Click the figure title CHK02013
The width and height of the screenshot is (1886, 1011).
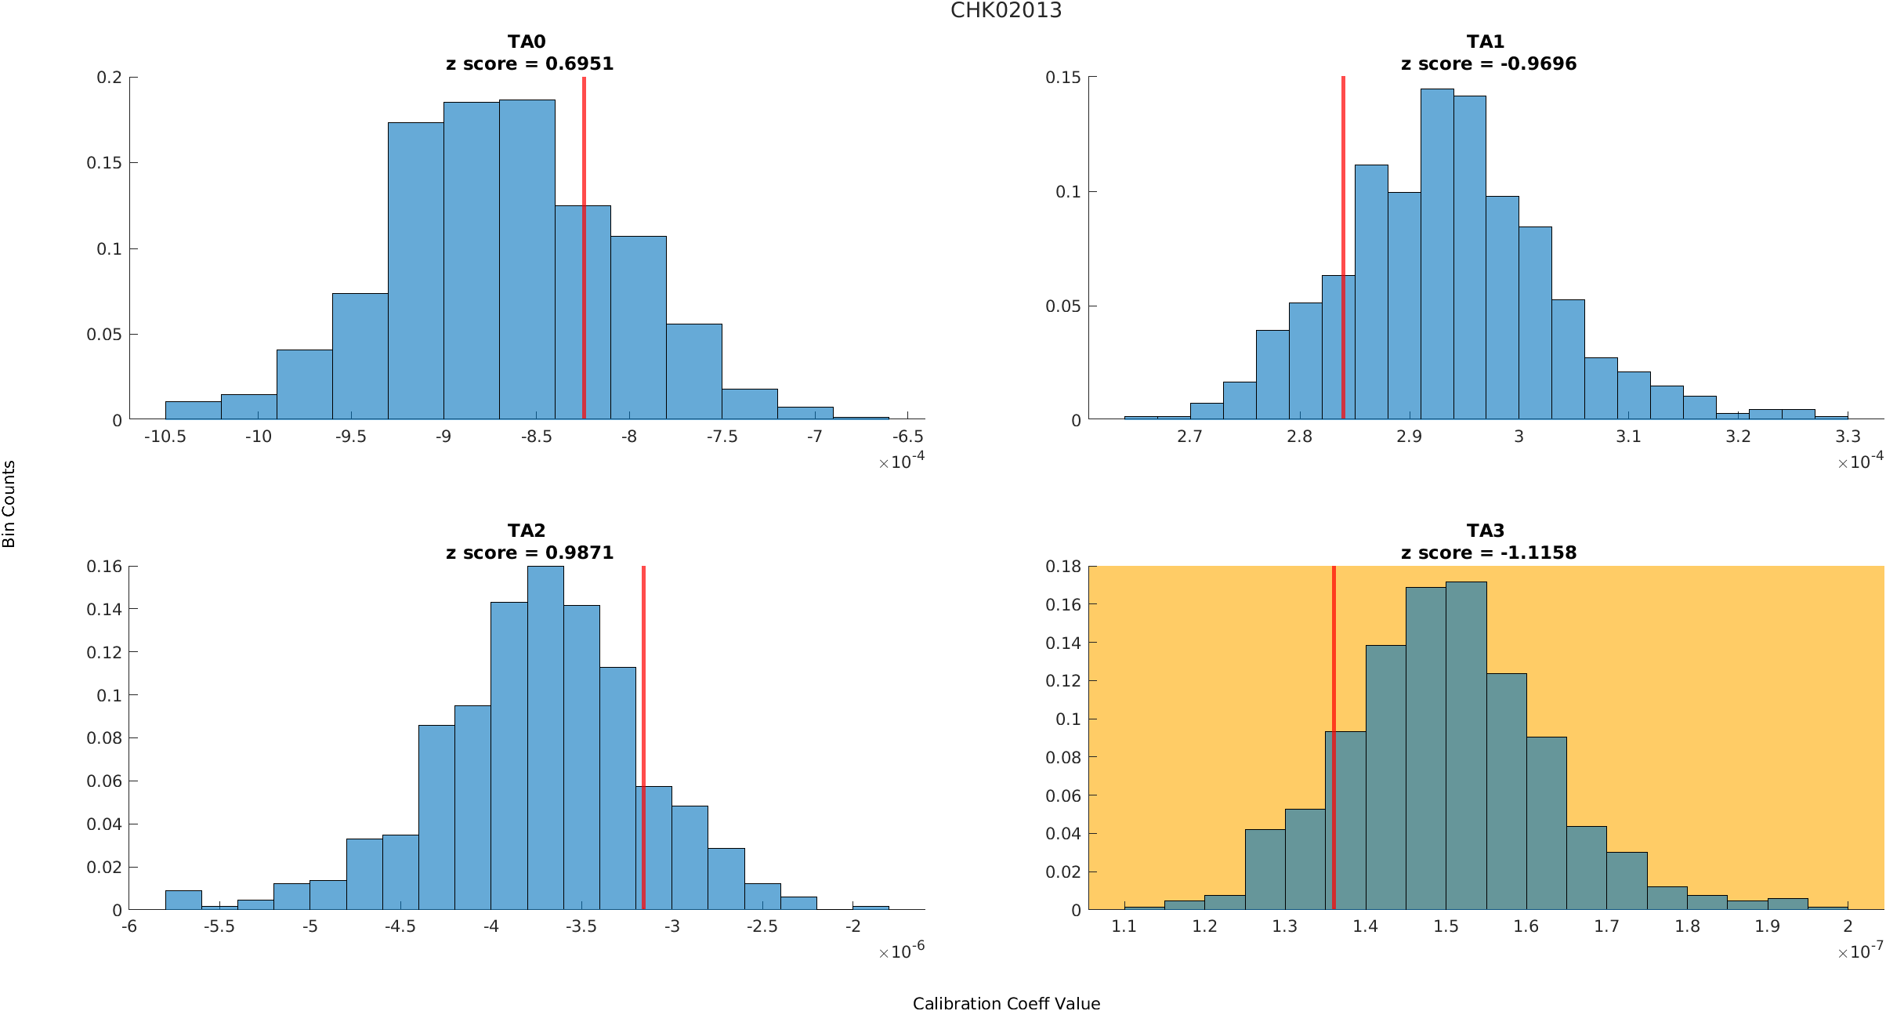1006,11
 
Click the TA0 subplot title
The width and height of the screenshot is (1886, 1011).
527,42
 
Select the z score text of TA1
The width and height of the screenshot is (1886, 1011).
1488,64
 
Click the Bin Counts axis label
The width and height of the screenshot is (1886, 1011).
9,504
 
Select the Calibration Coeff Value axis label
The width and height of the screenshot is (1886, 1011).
1006,1003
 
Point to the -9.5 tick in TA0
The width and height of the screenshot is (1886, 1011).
351,437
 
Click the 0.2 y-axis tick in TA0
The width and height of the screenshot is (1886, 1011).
110,78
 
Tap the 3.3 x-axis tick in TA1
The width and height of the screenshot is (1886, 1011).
1848,437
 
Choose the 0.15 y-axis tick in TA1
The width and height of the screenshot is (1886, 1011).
1063,78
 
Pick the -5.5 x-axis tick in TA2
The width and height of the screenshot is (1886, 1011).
219,926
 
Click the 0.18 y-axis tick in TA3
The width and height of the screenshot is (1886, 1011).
1063,567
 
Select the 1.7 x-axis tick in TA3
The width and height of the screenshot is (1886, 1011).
1606,926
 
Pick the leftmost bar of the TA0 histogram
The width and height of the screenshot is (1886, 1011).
193,411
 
